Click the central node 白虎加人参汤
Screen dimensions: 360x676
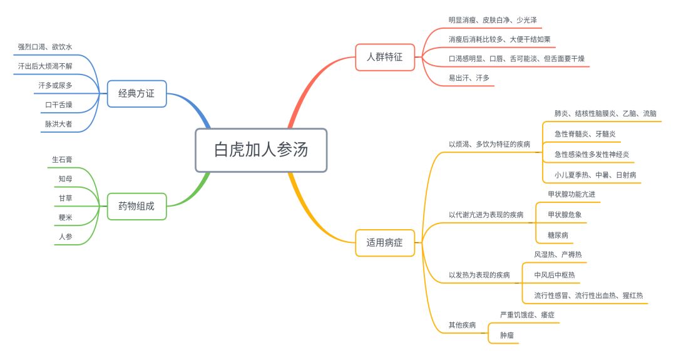pyautogui.click(x=261, y=150)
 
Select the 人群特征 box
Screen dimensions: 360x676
pyautogui.click(x=385, y=57)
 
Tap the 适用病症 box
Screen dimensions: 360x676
pyautogui.click(x=385, y=243)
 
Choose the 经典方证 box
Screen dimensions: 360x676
pyautogui.click(x=136, y=94)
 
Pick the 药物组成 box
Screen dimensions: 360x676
pyautogui.click(x=136, y=205)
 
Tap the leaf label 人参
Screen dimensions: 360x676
pyautogui.click(x=66, y=237)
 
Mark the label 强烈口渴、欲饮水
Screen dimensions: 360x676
pyautogui.click(x=45, y=47)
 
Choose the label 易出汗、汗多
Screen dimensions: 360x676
pyautogui.click(x=469, y=78)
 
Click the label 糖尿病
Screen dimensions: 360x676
pyautogui.click(x=558, y=235)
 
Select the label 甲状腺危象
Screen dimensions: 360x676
pyautogui.click(x=567, y=215)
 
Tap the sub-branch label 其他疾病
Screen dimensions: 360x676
pyautogui.click(x=462, y=325)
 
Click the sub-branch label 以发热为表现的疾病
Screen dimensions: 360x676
pyautogui.click(x=479, y=275)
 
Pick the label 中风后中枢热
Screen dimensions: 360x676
pyautogui.click(x=554, y=275)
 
